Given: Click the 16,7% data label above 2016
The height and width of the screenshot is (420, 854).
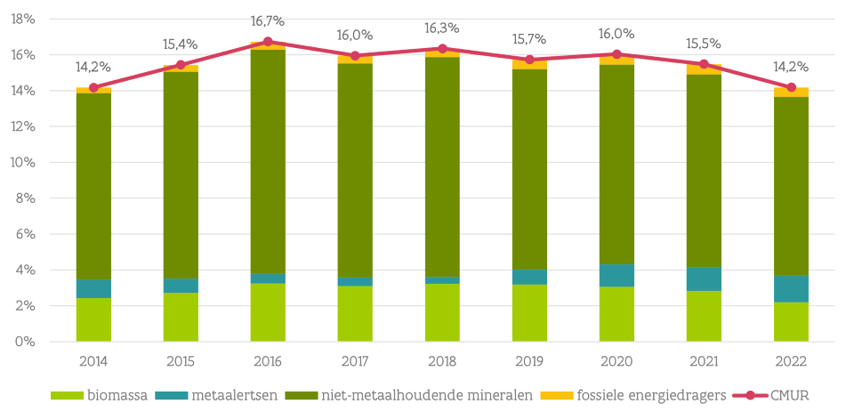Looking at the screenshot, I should pos(268,20).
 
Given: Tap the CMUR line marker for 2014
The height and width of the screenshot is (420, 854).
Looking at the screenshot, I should pos(93,87).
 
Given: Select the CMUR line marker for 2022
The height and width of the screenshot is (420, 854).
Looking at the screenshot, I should pos(791,87).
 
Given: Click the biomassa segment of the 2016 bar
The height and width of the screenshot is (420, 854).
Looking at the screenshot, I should pos(268,312).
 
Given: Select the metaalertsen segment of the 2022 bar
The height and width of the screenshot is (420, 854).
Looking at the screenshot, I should pos(791,288).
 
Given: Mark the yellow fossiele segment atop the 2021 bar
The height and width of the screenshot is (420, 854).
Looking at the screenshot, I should pos(704,69).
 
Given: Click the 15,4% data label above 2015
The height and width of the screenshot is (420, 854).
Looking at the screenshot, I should pos(181,44).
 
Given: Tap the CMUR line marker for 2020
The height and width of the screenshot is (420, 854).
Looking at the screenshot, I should pos(616,54).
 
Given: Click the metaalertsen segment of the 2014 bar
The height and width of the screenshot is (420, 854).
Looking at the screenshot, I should pos(93,288).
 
